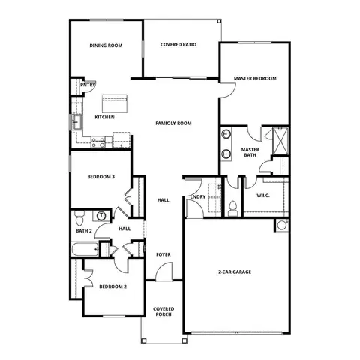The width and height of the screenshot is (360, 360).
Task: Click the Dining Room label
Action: pos(106,46)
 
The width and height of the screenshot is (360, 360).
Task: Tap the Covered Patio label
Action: pos(178,45)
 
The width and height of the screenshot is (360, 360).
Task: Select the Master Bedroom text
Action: pos(255,78)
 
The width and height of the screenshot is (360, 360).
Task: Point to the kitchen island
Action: pos(115,103)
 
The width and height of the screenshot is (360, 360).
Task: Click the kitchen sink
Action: pos(76,122)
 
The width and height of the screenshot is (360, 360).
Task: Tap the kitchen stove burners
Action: pos(97,142)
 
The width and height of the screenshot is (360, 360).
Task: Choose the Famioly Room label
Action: pos(173,123)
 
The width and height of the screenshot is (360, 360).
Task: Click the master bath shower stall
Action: pos(280,141)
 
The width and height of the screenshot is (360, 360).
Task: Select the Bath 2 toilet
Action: pos(79,218)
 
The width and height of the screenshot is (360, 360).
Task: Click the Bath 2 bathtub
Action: pos(85,249)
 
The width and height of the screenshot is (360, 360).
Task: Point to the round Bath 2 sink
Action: pos(101,215)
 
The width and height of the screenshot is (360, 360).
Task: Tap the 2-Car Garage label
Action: pos(235,271)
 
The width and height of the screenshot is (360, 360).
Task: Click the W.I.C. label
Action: pos(263,196)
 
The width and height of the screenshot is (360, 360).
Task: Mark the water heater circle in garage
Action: pos(282,225)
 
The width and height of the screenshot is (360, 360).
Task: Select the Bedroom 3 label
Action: pos(101,177)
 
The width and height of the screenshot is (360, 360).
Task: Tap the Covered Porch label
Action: pos(163,311)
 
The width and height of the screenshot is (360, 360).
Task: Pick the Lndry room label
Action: pos(198,197)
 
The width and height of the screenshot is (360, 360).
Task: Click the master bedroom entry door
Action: pos(228,90)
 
